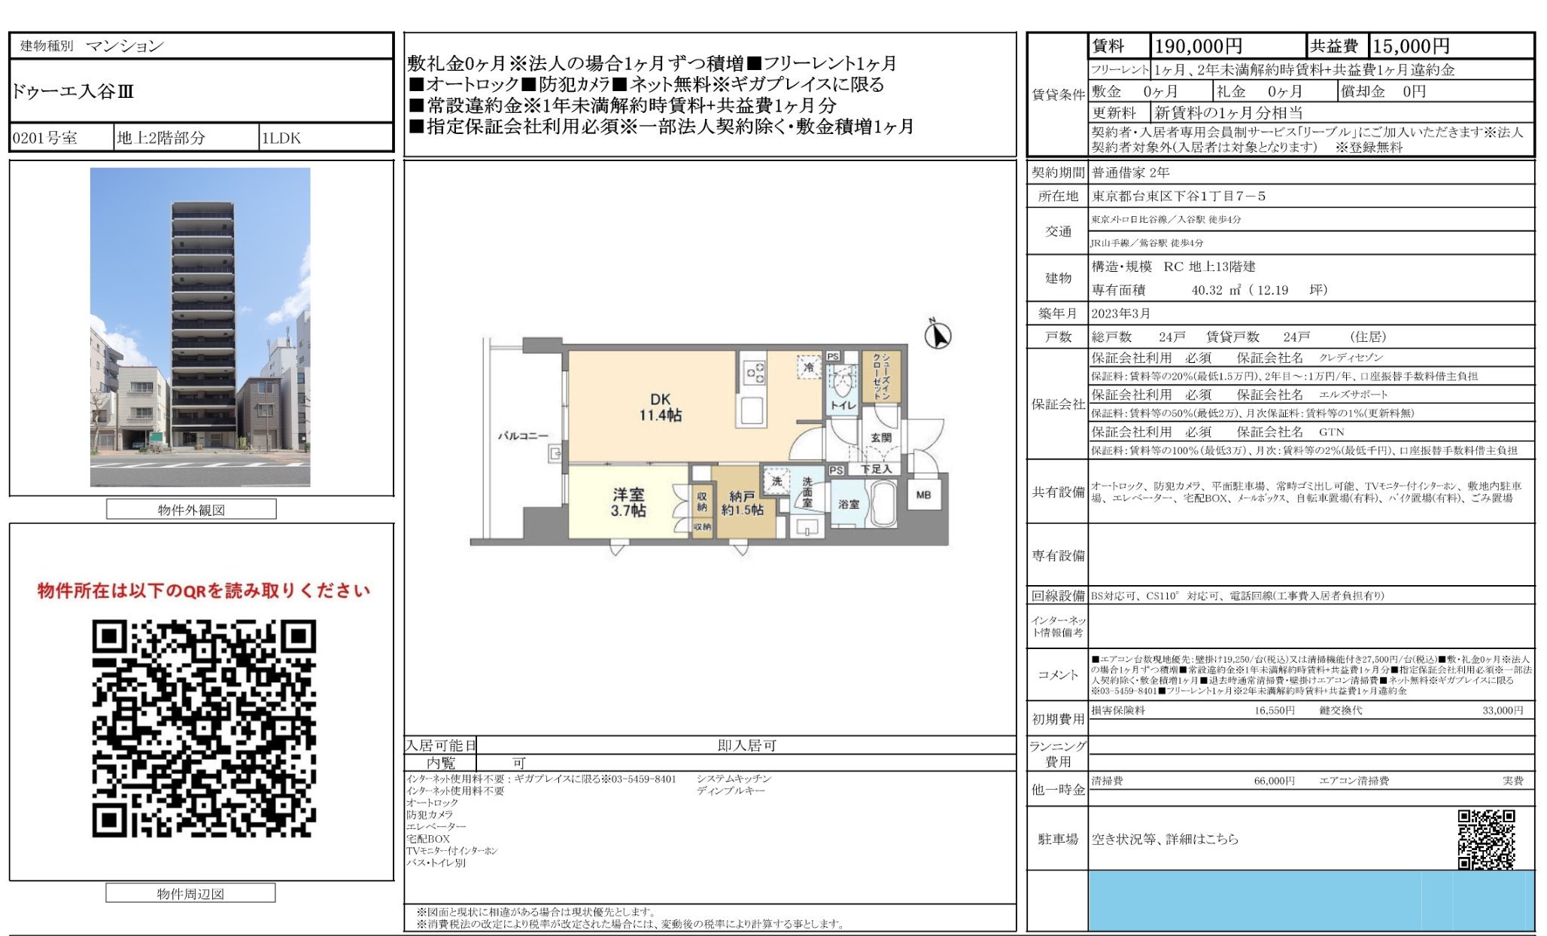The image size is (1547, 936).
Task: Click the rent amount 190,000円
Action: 1198,47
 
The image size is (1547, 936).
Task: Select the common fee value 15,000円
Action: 1411,47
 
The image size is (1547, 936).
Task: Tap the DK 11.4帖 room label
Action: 660,407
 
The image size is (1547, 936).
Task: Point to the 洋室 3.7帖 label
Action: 628,502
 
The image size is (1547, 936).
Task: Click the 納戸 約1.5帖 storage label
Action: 742,503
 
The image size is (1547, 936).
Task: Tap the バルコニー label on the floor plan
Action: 522,436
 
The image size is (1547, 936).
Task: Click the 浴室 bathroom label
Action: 849,504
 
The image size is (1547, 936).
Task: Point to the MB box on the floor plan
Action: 923,495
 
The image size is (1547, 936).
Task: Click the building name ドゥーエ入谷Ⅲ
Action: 73,92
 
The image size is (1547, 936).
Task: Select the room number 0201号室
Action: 45,139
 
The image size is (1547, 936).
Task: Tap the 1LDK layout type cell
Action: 281,139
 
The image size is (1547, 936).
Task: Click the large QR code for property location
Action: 204,728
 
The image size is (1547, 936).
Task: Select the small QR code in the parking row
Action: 1486,839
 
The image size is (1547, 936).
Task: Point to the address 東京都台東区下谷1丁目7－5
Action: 1179,197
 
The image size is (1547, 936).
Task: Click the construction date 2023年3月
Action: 1121,313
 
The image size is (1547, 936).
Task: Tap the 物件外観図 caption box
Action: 191,510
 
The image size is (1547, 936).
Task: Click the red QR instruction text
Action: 204,591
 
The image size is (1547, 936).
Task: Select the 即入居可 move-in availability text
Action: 746,745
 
